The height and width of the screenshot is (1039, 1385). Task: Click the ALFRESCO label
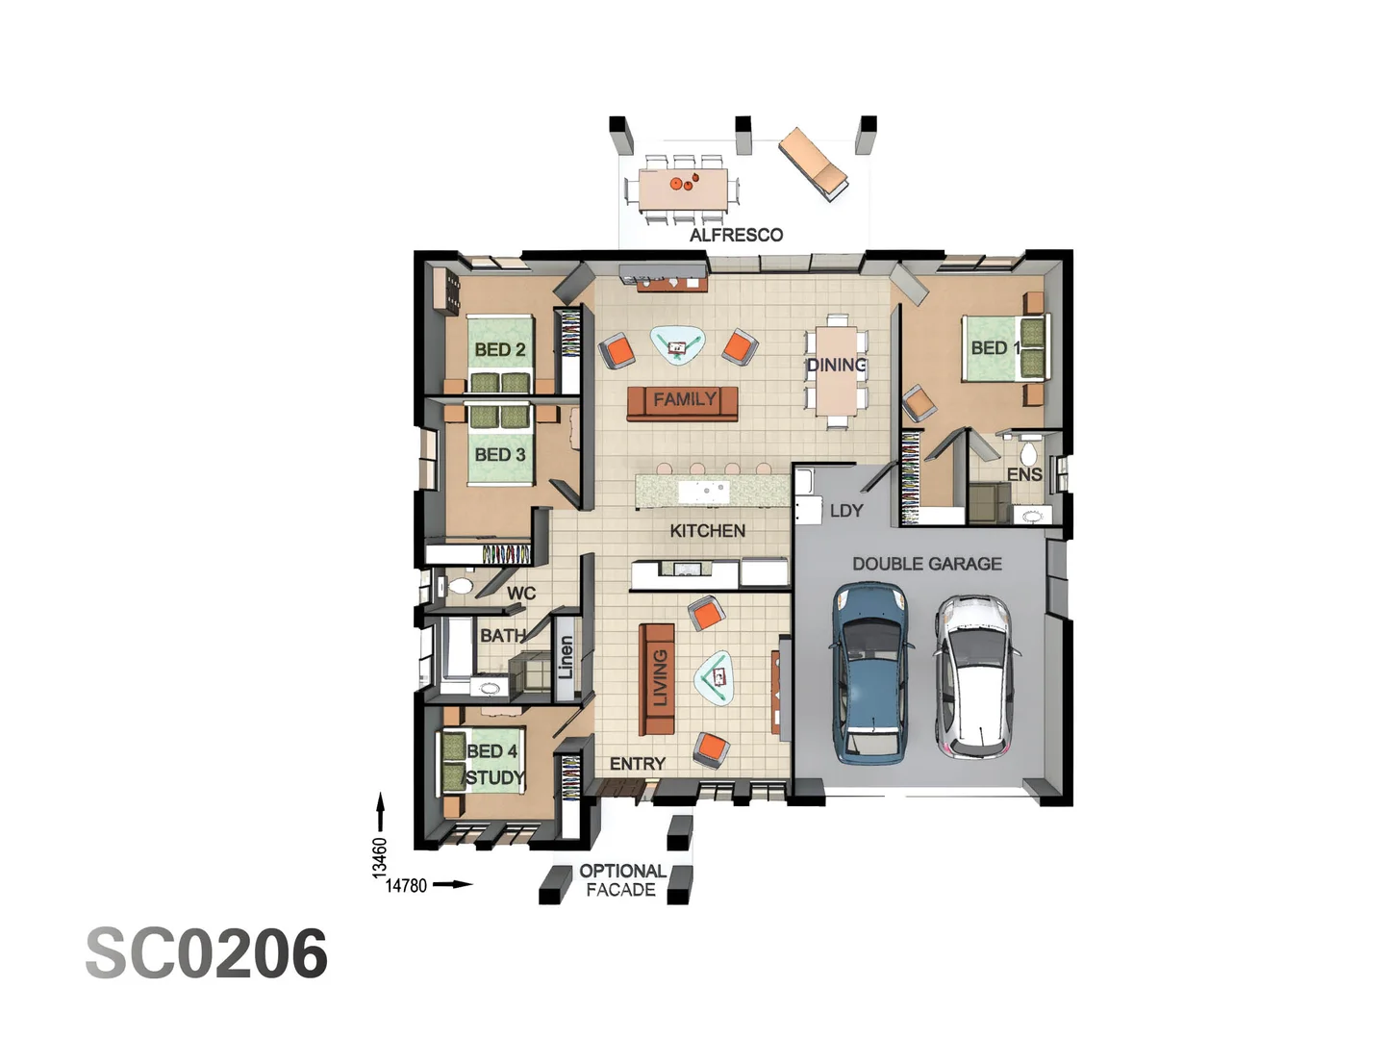[x=736, y=235]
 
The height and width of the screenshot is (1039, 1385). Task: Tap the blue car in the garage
[x=870, y=673]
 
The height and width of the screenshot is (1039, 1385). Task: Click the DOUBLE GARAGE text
[x=927, y=564]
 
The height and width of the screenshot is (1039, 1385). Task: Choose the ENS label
[x=1024, y=474]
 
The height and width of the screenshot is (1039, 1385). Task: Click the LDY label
[x=846, y=511]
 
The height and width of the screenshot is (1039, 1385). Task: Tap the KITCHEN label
[x=708, y=531]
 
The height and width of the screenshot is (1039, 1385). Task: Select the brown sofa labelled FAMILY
[x=683, y=402]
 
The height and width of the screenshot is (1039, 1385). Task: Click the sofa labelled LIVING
[x=658, y=678]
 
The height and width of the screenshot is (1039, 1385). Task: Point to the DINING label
[x=836, y=365]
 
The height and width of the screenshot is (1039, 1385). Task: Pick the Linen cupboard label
[x=567, y=656]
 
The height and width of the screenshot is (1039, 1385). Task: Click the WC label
[x=521, y=593]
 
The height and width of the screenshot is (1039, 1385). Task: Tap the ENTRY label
[x=638, y=764]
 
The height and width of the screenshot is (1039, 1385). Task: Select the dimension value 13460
[x=380, y=857]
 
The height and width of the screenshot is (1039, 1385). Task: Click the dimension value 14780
[x=406, y=886]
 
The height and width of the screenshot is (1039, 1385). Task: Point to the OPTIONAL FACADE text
[x=622, y=880]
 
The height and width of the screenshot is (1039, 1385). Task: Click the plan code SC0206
[x=207, y=954]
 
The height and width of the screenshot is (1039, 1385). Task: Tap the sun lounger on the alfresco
[x=814, y=163]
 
